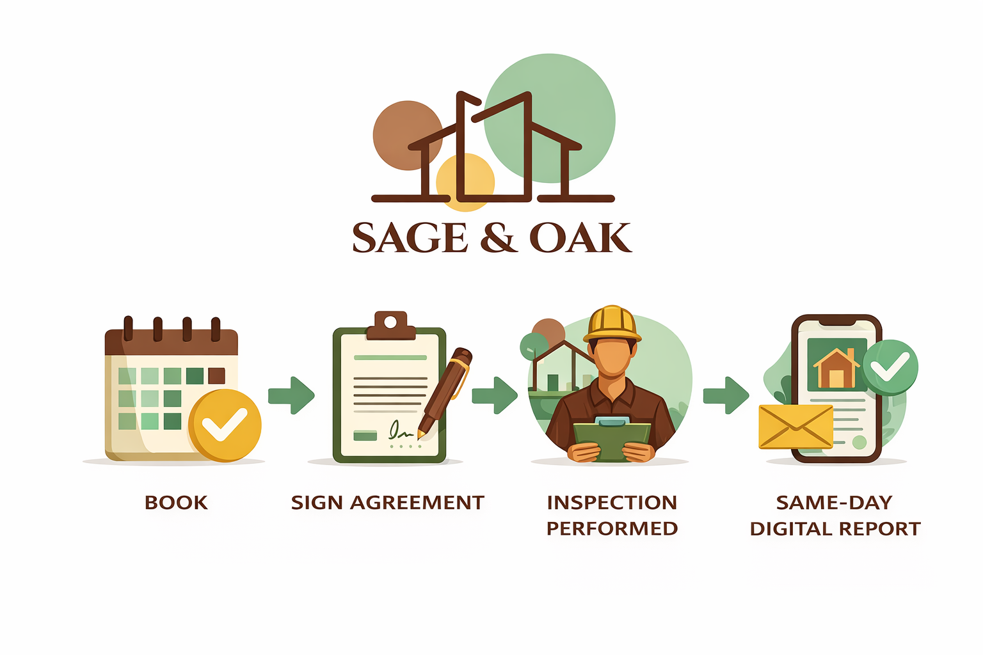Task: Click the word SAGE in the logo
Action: coord(410,238)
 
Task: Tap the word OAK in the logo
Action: coord(580,238)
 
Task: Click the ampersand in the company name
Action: coord(498,238)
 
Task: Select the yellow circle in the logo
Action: coord(465,182)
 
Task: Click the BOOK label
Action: coord(176,503)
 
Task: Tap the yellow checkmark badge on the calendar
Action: coord(224,425)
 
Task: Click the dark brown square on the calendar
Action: coord(217,375)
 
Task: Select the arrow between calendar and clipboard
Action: coord(291,395)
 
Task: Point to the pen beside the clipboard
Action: coord(445,390)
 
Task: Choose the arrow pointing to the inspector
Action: coord(495,395)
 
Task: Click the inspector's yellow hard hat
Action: coord(612,323)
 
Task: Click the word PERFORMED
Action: coord(612,529)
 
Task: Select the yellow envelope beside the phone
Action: coord(795,426)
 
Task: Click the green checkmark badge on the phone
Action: coord(890,367)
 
